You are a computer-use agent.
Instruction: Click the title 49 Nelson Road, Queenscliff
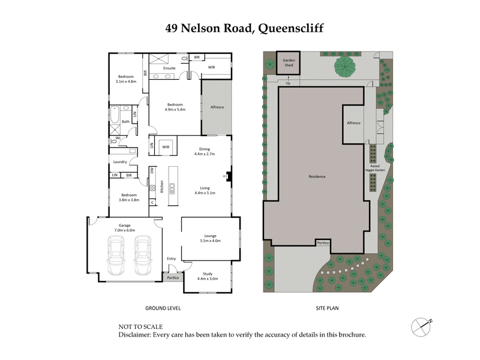[x=240, y=28]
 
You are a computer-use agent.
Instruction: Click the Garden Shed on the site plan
[x=289, y=62]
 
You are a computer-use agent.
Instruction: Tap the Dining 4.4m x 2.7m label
[x=205, y=152]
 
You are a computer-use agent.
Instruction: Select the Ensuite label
[x=169, y=69]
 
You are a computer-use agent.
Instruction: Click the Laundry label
[x=119, y=162]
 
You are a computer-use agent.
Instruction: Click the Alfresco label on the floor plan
[x=216, y=107]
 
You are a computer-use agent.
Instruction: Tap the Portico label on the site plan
[x=325, y=242]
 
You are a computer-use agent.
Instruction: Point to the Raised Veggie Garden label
[x=382, y=169]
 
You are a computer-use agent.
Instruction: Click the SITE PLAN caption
[x=328, y=308]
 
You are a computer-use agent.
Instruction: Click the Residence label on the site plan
[x=316, y=176]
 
